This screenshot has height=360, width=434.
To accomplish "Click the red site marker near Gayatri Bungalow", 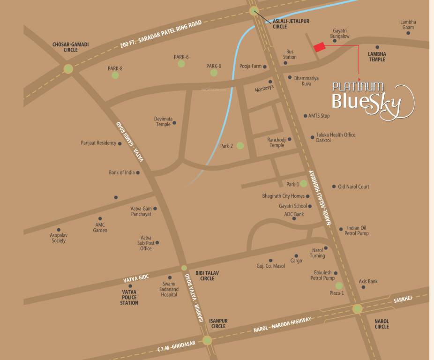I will (x=319, y=46).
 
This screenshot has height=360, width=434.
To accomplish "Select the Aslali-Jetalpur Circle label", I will (x=291, y=24).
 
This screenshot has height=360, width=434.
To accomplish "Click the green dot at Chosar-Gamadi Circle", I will (x=68, y=69).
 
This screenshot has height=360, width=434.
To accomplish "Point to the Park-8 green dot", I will (x=115, y=75).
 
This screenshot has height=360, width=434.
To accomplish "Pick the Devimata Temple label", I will (x=163, y=121).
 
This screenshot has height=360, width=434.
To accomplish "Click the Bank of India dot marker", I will (x=138, y=172).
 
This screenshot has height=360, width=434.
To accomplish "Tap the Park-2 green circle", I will (x=240, y=146).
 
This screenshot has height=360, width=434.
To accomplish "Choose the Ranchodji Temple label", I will (x=277, y=142).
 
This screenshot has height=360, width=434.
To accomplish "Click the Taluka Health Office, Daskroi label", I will (x=336, y=137).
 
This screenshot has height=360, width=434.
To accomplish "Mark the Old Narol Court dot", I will (x=334, y=187).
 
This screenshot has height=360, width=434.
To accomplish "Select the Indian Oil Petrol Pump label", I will (x=357, y=231).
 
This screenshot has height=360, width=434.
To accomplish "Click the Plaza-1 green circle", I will (x=339, y=285).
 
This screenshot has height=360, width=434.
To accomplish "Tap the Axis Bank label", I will (x=368, y=281).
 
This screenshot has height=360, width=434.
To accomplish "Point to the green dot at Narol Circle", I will (x=357, y=308).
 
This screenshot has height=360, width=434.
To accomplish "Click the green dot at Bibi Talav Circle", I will (x=184, y=268).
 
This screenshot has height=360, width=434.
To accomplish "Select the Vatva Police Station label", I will (x=129, y=297).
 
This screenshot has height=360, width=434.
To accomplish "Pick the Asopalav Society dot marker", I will (x=59, y=230).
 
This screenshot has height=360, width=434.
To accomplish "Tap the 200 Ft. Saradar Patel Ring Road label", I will (x=161, y=34).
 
